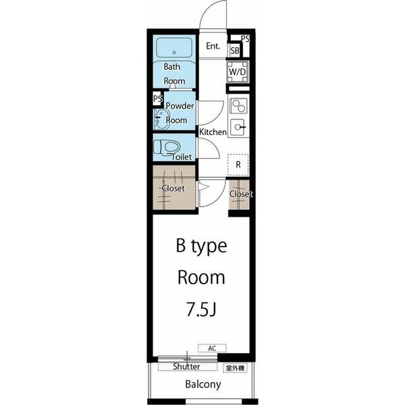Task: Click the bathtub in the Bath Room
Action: [x=174, y=48]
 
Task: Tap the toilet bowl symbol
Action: [x=167, y=148]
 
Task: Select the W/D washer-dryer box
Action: [x=238, y=72]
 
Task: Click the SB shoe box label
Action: [x=235, y=51]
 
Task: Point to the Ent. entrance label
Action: [x=213, y=46]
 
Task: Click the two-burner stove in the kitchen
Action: [x=238, y=106]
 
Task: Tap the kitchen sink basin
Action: [x=238, y=127]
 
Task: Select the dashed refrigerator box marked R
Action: [x=238, y=165]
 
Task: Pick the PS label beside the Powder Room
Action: [x=157, y=99]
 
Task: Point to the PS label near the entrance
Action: [x=245, y=38]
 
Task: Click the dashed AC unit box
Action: [x=213, y=348]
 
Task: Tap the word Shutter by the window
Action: [x=186, y=367]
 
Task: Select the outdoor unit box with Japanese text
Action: [x=235, y=369]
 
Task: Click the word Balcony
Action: [x=203, y=385]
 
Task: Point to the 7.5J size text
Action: [x=201, y=309]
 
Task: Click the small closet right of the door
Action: [x=239, y=194]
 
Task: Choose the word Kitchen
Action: [x=213, y=132]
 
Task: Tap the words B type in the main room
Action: [x=201, y=246]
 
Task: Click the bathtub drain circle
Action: [x=174, y=53]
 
